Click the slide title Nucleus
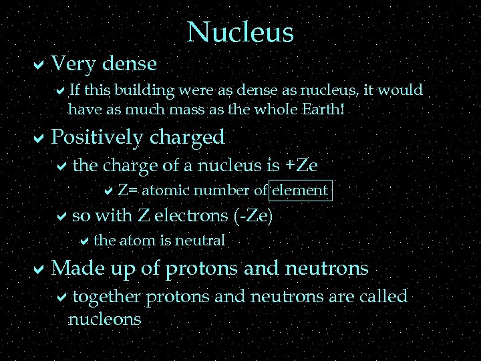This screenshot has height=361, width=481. [240, 31]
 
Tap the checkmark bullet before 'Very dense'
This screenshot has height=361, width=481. [39, 65]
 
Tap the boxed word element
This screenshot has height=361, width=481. [299, 191]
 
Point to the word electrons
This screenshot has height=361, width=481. [196, 215]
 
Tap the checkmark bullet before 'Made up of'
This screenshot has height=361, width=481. [39, 269]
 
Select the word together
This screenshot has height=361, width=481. [107, 296]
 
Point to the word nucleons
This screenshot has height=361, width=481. [105, 319]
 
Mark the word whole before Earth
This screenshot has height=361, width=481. [271, 108]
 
